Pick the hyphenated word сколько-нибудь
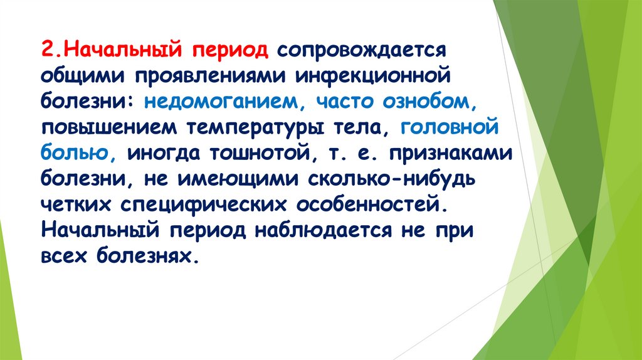393,180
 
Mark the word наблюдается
322,231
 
